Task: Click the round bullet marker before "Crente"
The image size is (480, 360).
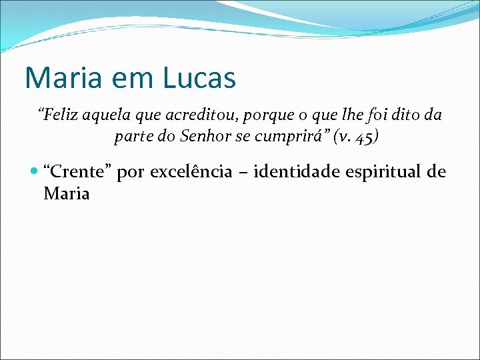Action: [x=35, y=172]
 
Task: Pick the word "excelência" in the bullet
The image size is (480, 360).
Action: [x=191, y=172]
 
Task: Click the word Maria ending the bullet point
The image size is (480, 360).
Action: [x=66, y=194]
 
